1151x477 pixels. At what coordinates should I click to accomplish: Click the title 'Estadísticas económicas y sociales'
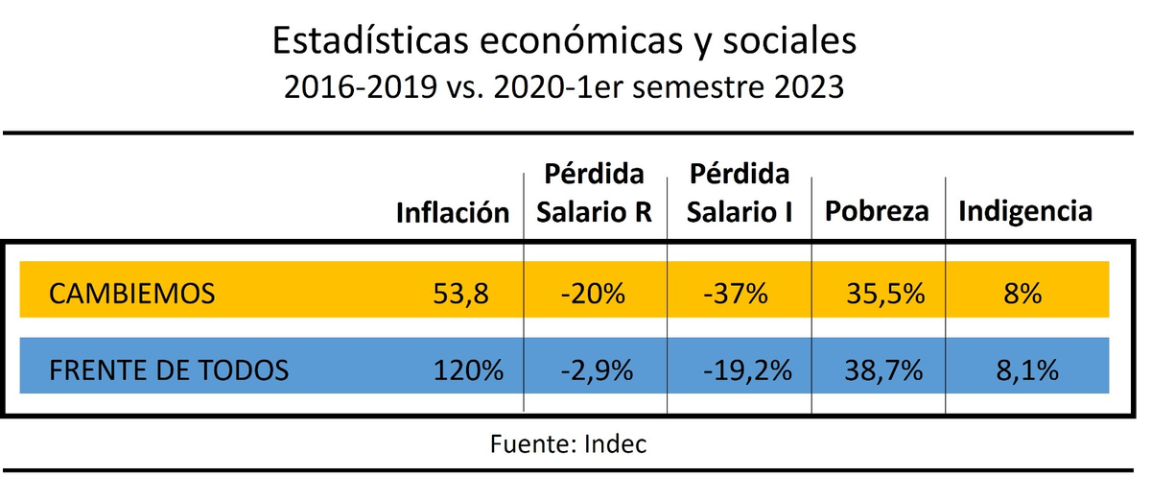[x=564, y=41]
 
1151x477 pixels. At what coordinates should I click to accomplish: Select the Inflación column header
[x=453, y=213]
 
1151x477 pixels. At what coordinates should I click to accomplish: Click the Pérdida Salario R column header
[x=593, y=195]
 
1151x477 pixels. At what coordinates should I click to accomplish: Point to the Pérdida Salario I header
[x=739, y=195]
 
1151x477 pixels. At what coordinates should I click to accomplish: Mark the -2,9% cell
[x=595, y=370]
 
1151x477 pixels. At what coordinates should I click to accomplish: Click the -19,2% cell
[x=739, y=370]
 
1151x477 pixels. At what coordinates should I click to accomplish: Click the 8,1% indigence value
[x=1027, y=370]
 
